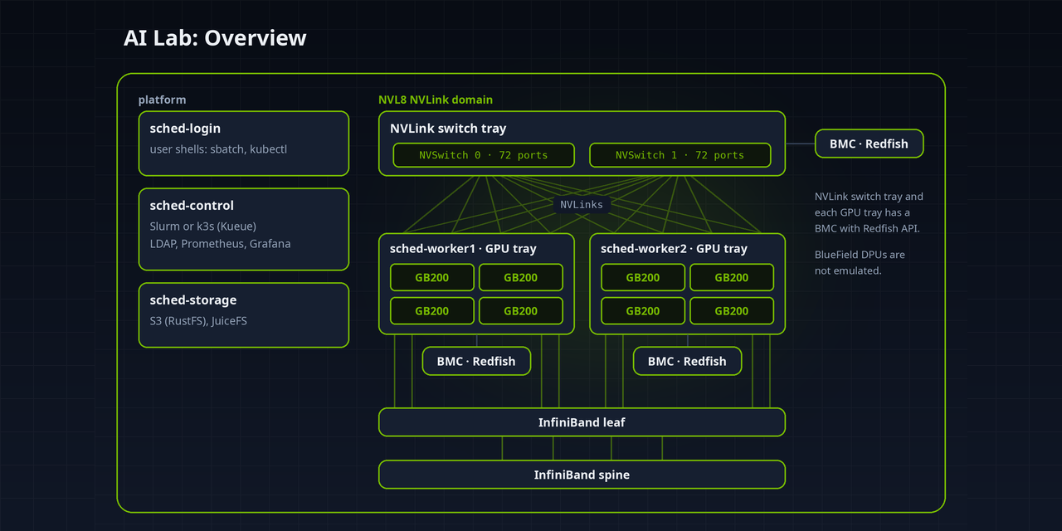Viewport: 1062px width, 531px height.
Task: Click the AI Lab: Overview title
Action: [x=215, y=38]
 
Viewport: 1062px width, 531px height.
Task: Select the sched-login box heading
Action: [x=185, y=129]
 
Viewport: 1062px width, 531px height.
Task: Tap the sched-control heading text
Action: [x=192, y=206]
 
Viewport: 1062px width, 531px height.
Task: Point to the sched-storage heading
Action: [x=193, y=300]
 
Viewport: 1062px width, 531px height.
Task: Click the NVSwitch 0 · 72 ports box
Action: [x=484, y=155]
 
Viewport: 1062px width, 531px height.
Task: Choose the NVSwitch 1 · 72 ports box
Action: [x=680, y=155]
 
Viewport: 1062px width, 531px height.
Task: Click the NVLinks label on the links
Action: [x=582, y=205]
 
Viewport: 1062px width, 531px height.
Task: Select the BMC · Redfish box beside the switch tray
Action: [x=869, y=144]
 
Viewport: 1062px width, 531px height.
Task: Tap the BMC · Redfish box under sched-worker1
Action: [x=476, y=361]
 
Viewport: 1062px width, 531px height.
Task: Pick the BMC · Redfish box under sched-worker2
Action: [x=687, y=361]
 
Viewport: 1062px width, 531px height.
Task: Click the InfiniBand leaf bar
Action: [x=582, y=422]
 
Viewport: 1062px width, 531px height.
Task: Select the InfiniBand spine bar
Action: [x=582, y=475]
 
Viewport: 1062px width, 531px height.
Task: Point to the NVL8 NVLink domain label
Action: [x=436, y=100]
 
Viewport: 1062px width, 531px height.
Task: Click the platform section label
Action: [x=162, y=100]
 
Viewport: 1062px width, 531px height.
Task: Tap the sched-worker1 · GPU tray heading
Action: [x=463, y=249]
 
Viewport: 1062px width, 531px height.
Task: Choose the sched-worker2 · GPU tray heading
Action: [x=674, y=249]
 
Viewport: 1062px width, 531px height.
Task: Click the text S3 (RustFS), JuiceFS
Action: [x=198, y=321]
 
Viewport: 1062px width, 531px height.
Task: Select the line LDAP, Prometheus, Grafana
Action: [x=220, y=244]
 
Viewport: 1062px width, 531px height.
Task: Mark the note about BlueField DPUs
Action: [x=860, y=263]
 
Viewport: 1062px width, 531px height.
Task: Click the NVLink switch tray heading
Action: [x=448, y=129]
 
